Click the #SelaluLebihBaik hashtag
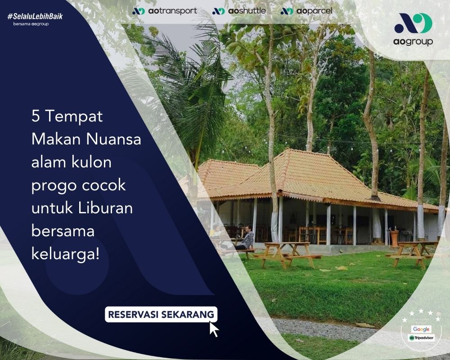pos(35,16)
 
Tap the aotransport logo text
pos(172,11)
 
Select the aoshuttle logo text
pos(247,11)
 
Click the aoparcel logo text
pos(314,11)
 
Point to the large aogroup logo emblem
pos(413,23)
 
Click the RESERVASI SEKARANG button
pos(161,315)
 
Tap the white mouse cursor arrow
pos(214,329)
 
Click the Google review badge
pos(421,329)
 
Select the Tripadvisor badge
pos(421,337)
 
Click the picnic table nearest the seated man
pos(287,255)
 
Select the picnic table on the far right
pos(412,254)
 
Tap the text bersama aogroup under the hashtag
pos(31,24)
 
